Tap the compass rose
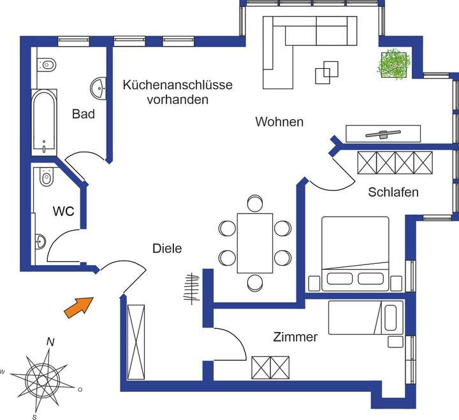[44, 378]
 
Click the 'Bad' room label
[84, 114]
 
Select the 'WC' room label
[65, 210]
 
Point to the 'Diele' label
[166, 249]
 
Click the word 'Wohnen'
[279, 121]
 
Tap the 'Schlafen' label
[393, 192]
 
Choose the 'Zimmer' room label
[295, 337]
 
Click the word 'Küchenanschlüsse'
[178, 85]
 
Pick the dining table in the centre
[255, 243]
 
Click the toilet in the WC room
[45, 178]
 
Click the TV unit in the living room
[382, 133]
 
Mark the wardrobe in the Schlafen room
[394, 163]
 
